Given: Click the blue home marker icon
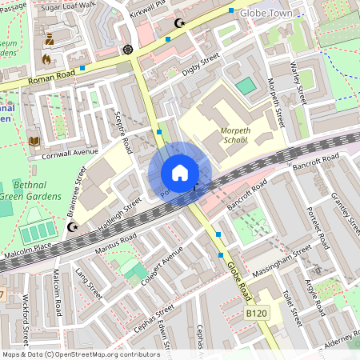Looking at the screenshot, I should (x=180, y=173).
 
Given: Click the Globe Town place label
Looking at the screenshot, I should (x=273, y=14).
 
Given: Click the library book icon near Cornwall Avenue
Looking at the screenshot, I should (x=34, y=141).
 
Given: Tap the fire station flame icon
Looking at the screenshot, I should (x=46, y=58).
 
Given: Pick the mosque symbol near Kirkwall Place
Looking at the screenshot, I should (x=179, y=23).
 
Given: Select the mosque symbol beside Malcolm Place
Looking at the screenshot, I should (x=74, y=227).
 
